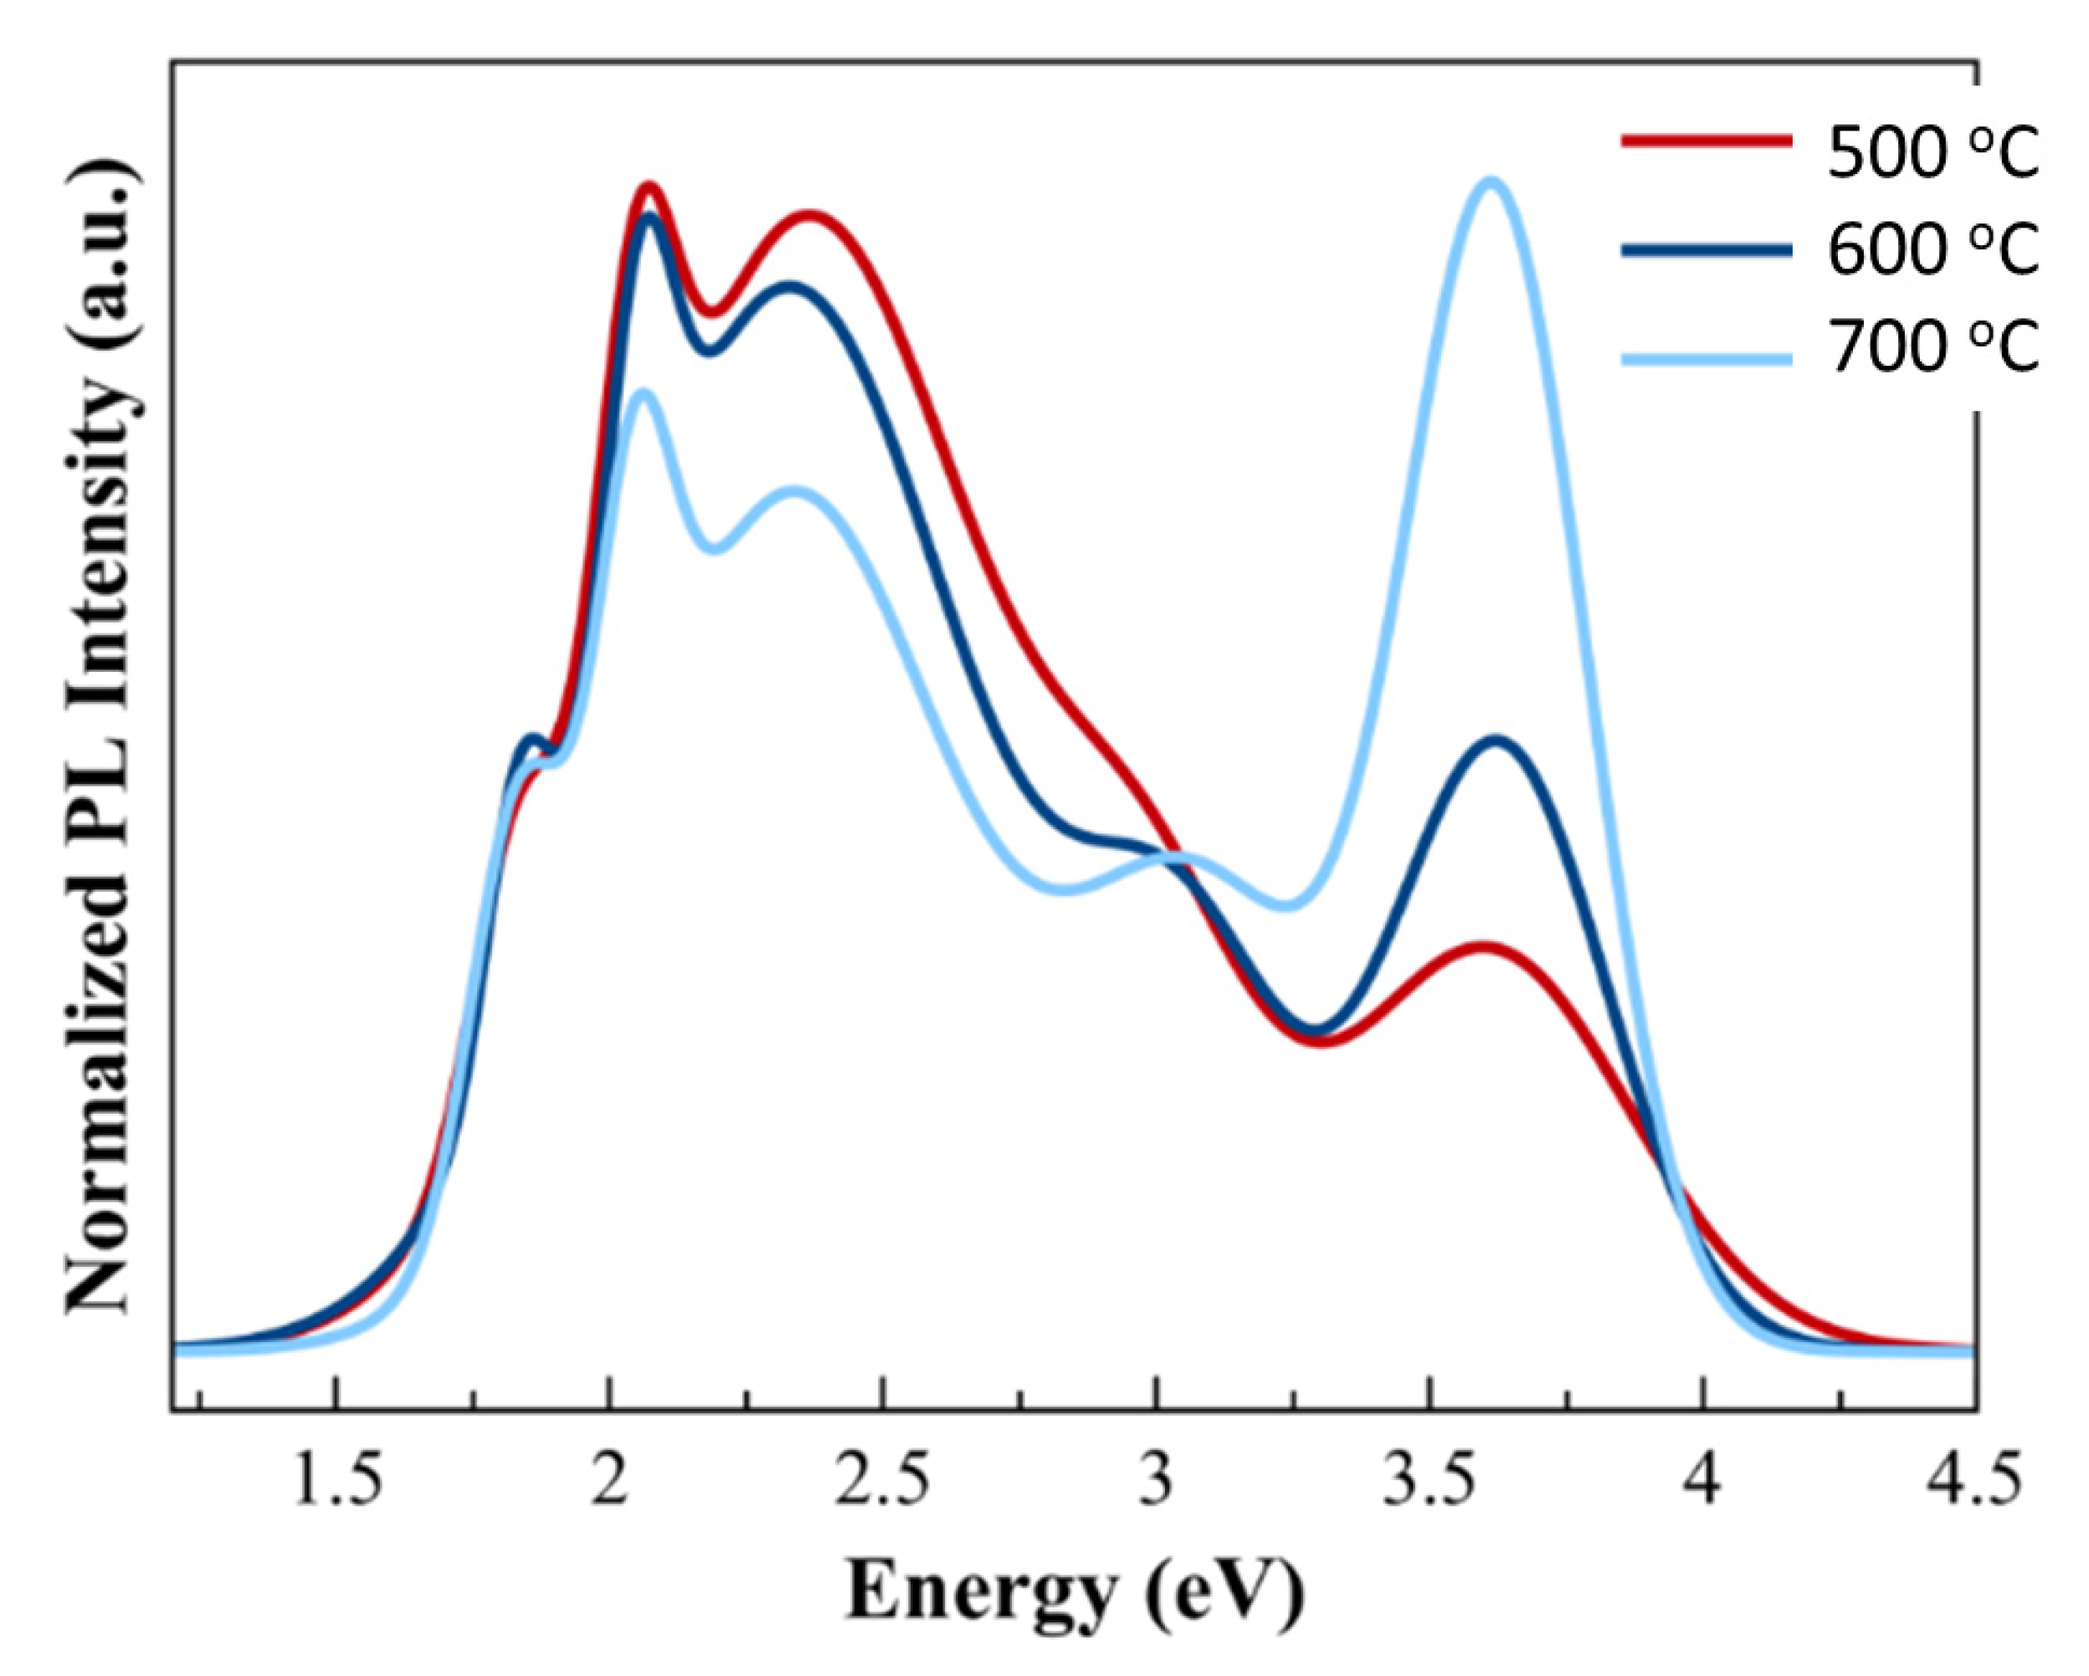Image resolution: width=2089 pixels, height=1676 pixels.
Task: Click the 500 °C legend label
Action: coord(1933,155)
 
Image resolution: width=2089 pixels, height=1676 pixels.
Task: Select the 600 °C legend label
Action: coord(1933,250)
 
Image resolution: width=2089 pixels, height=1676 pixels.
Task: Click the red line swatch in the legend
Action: coord(1706,141)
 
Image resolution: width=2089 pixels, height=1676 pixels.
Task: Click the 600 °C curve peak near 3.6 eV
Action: coord(1497,741)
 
